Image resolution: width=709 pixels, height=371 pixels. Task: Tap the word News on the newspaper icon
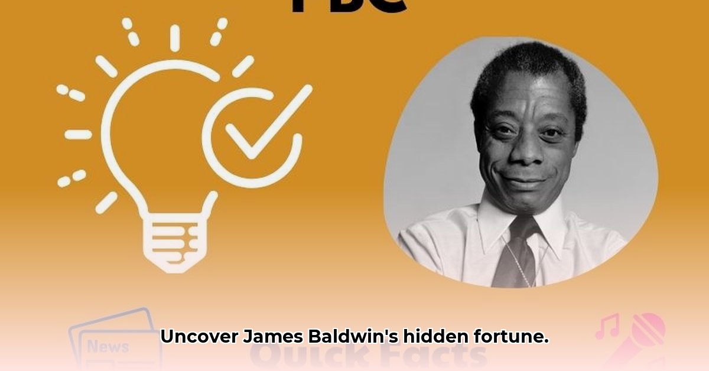108,346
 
